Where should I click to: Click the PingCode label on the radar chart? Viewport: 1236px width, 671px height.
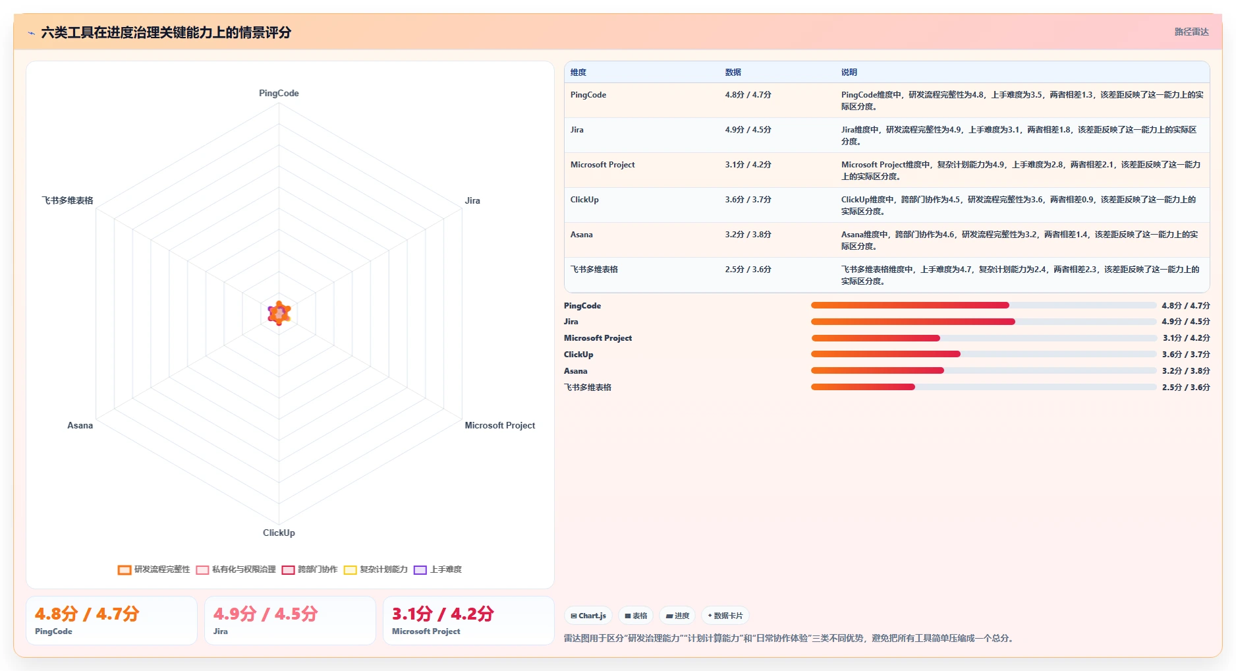coord(279,93)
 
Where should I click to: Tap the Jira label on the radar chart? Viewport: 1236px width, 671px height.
coord(472,200)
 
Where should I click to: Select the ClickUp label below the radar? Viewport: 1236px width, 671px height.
coord(279,533)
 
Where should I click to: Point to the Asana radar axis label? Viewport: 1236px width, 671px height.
coord(80,425)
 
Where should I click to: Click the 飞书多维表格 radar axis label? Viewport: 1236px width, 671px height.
coord(67,200)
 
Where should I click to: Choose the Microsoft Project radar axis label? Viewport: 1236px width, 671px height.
coord(499,425)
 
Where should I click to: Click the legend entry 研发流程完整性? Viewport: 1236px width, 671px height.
coord(154,569)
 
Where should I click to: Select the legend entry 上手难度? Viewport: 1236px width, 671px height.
coord(438,569)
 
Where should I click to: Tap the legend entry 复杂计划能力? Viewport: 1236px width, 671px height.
coord(376,569)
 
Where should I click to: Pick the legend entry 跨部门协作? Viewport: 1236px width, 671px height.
coord(310,569)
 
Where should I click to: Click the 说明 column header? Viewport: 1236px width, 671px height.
coord(849,73)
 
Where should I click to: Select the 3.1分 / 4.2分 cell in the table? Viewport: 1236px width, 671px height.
coord(748,165)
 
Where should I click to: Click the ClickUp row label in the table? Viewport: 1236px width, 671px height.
coord(584,200)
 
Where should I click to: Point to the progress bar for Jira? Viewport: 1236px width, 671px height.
coord(984,322)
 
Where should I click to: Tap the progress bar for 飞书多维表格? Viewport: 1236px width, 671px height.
coord(984,387)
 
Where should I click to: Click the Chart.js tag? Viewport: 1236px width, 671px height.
coord(588,616)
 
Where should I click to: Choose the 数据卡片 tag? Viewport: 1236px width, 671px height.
coord(725,616)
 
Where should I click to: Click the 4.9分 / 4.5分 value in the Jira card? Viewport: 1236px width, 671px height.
coord(266,614)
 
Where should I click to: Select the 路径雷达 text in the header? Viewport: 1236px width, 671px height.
coord(1191,32)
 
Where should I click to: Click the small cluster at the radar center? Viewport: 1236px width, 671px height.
coord(279,313)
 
